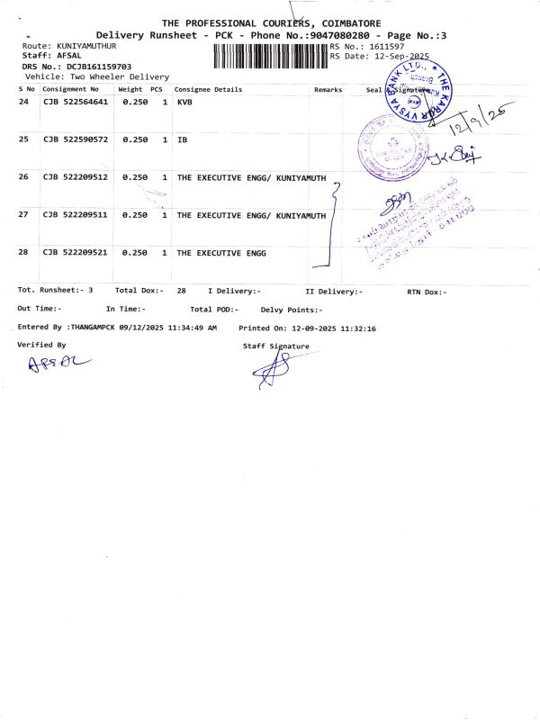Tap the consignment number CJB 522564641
76,103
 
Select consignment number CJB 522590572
76,139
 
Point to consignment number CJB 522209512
76,177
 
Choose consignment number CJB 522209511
76,215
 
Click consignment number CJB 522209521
76,253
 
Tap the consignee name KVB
184,103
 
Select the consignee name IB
182,139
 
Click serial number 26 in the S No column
23,177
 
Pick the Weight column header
130,90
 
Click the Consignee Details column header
208,90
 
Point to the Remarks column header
328,90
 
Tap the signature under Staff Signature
274,369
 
